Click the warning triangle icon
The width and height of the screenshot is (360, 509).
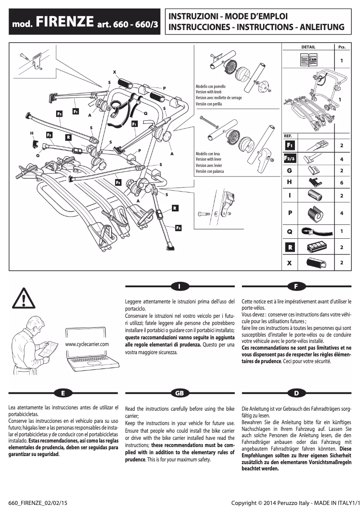23,298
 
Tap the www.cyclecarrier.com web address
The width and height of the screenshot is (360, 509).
87,343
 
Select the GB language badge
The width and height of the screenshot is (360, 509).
179,393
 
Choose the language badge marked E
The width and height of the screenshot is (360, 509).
63,393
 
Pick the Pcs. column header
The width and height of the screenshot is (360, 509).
342,47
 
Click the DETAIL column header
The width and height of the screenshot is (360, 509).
308,47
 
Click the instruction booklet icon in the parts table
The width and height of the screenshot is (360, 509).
308,61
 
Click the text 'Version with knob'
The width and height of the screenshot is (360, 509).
209,92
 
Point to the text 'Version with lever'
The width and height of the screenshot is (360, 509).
209,159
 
